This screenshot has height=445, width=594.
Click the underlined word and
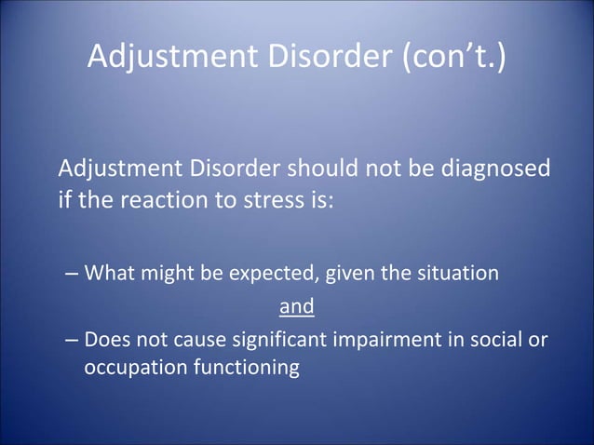click(x=297, y=306)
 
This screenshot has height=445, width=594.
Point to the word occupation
click(x=130, y=369)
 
